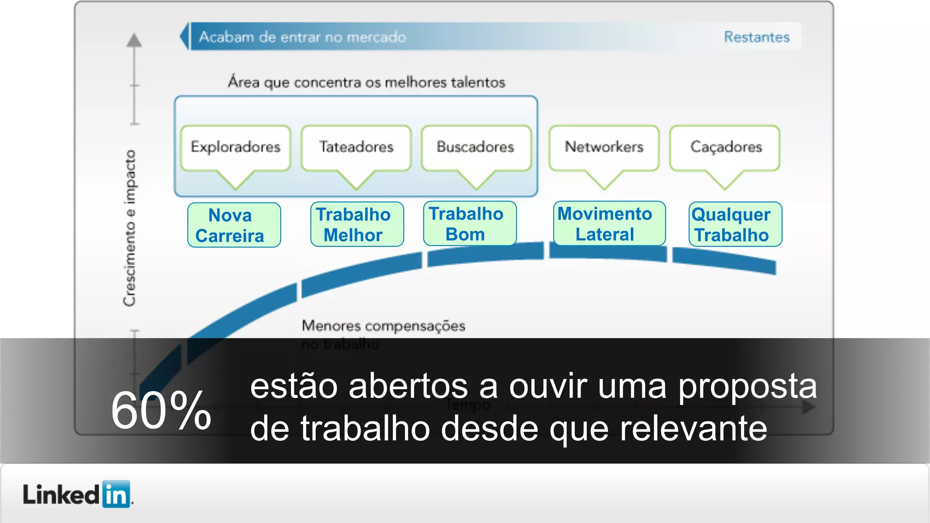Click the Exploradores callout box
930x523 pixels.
(235, 148)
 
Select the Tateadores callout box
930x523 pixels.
(356, 148)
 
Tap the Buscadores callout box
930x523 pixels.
(475, 148)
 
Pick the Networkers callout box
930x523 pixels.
(604, 148)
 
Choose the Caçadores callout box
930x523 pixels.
(725, 148)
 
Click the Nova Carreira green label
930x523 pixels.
(234, 225)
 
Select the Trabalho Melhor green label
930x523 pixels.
(357, 224)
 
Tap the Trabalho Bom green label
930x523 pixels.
(470, 223)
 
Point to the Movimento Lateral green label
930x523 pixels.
(609, 223)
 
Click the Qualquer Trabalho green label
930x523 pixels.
(735, 224)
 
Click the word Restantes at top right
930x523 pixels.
(757, 37)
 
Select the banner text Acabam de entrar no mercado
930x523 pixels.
(302, 37)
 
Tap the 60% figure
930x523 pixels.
(161, 411)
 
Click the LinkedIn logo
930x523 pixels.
(77, 494)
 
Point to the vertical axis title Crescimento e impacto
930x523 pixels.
(129, 228)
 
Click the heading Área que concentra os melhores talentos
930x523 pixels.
(366, 82)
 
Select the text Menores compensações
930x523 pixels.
(383, 326)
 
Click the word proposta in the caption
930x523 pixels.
(747, 387)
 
